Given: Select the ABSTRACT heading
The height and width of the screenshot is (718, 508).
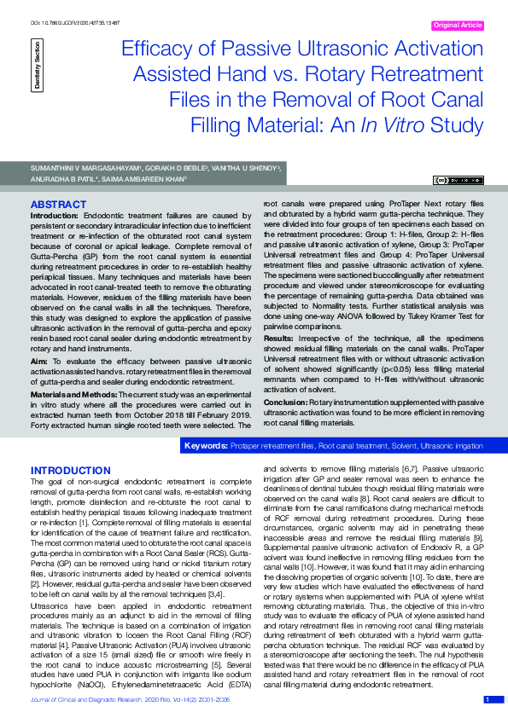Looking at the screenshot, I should click(x=58, y=205).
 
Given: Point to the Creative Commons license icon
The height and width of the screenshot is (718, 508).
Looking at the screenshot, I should click(x=457, y=180).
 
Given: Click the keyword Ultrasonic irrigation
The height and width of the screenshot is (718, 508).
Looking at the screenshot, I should click(x=452, y=446).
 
